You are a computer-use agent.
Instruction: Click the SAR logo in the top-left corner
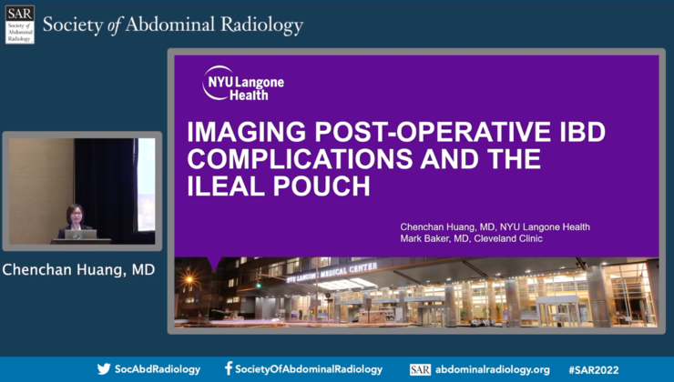20,25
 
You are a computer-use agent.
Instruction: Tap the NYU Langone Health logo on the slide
243,83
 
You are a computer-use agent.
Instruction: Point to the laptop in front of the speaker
81,234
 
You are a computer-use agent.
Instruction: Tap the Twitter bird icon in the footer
104,369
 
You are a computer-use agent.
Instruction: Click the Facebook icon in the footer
229,369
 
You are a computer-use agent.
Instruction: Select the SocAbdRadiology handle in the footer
158,369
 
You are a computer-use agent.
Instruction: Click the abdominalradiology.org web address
492,369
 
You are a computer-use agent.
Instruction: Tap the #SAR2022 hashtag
593,369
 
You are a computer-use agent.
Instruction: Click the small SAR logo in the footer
420,369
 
